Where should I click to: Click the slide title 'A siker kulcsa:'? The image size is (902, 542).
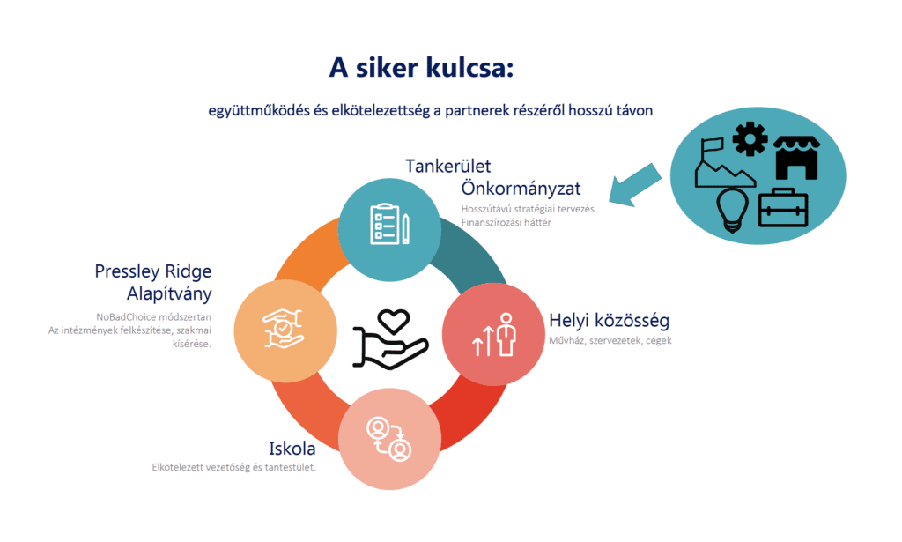421,68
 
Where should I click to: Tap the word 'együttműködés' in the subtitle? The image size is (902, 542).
259,110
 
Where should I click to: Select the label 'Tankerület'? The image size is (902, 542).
447,167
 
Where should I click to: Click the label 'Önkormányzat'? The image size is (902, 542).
521,188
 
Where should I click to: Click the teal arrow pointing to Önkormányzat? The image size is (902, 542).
634,185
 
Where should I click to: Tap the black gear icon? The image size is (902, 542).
750,138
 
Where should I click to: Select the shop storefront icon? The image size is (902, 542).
796,158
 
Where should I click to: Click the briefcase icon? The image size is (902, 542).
783,208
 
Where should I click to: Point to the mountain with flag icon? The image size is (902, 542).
724,162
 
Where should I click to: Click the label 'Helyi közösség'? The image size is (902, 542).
609,320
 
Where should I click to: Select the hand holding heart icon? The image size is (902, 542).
390,339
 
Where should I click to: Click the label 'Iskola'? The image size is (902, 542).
292,449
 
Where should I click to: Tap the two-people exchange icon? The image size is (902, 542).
389,439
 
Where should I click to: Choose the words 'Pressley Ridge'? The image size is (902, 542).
153,271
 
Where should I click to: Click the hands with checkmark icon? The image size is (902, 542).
283,329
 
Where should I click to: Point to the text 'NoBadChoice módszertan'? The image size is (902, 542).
153,317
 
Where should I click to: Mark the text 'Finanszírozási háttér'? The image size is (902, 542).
506,223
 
